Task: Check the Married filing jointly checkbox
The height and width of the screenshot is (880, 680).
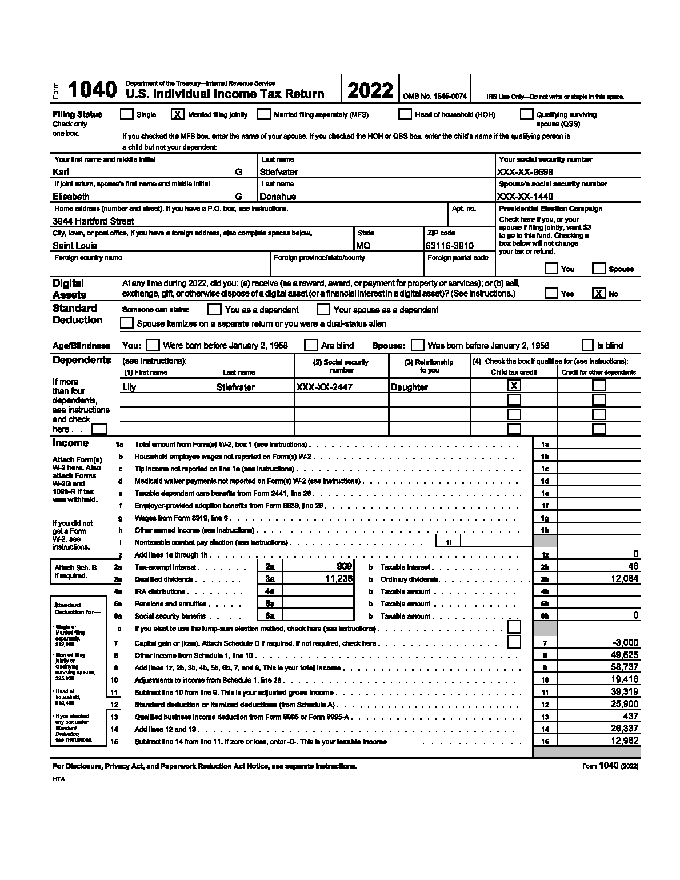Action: tap(178, 114)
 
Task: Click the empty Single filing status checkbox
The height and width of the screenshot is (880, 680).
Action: tap(126, 114)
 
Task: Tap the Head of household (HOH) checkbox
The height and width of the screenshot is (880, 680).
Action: tap(405, 114)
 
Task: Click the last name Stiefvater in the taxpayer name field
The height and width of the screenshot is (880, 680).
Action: tap(279, 172)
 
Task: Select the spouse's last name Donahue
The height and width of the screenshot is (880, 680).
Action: tap(278, 197)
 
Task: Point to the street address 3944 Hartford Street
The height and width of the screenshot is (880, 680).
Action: tap(94, 221)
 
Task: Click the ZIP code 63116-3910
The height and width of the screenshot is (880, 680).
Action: tap(449, 246)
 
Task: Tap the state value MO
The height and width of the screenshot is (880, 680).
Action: tap(363, 246)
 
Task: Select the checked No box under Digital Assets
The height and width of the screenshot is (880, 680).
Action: tap(598, 293)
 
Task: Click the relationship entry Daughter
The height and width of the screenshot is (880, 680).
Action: tap(409, 387)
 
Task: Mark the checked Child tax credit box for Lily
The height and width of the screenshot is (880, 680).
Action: tap(514, 386)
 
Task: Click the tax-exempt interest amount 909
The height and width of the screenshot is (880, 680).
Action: tap(344, 566)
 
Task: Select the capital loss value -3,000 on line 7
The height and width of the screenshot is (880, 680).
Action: tap(625, 642)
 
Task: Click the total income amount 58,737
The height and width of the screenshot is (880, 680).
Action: tap(625, 667)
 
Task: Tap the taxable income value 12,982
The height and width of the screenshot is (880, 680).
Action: tap(625, 741)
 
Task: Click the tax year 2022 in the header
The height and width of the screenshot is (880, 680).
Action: tap(370, 91)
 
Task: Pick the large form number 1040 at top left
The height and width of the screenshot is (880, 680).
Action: tap(93, 90)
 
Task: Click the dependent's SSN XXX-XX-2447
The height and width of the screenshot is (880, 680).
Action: tap(324, 387)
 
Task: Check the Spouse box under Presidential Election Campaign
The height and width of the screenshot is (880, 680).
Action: tap(599, 269)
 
